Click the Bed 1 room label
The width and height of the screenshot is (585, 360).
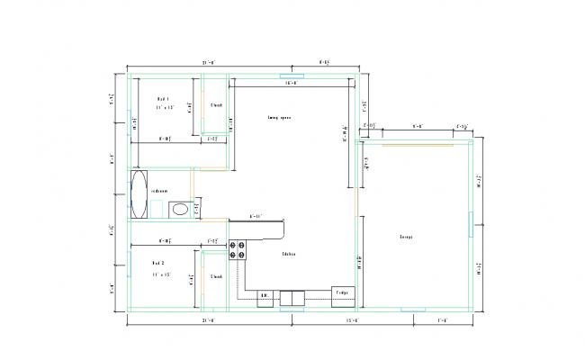(163, 98)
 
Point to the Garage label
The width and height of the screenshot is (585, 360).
(406, 238)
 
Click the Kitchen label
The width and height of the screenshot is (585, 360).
(289, 254)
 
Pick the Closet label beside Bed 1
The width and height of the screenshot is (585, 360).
(216, 105)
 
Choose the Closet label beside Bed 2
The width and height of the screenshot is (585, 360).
(216, 276)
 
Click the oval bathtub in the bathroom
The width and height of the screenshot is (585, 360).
(139, 193)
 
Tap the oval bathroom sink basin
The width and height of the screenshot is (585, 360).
(180, 209)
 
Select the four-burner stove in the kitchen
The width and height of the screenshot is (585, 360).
(238, 250)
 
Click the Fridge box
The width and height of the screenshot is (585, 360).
(343, 293)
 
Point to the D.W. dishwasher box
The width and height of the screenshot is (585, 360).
(265, 295)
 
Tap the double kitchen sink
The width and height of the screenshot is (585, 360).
(292, 297)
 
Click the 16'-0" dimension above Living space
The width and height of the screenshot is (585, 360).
(291, 83)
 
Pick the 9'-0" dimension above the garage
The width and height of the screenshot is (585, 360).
(418, 127)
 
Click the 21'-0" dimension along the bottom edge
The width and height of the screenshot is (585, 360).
(208, 320)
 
